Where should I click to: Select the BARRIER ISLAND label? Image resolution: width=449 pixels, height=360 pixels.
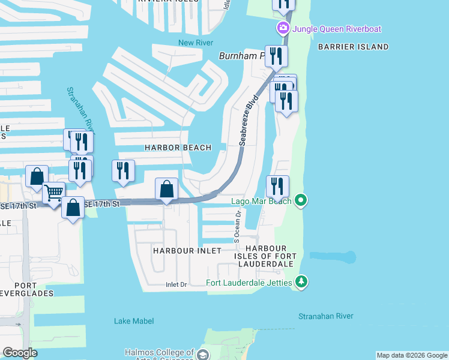click(x=353, y=47)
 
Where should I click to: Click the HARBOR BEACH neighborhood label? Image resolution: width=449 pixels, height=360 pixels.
click(x=178, y=148)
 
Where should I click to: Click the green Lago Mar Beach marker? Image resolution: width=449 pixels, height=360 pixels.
click(x=302, y=200)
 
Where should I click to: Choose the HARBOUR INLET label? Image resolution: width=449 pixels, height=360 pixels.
click(x=187, y=250)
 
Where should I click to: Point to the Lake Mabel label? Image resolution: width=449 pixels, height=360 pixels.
click(x=134, y=321)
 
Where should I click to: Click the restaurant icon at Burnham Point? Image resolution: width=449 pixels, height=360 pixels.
click(x=277, y=56)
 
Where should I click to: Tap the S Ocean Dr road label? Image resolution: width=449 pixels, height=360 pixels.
click(x=238, y=221)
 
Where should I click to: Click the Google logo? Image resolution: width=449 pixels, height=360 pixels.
click(x=20, y=353)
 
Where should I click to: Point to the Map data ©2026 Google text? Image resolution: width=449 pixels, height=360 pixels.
click(x=411, y=355)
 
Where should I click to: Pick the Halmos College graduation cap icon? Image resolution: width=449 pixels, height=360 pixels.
click(x=203, y=354)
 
